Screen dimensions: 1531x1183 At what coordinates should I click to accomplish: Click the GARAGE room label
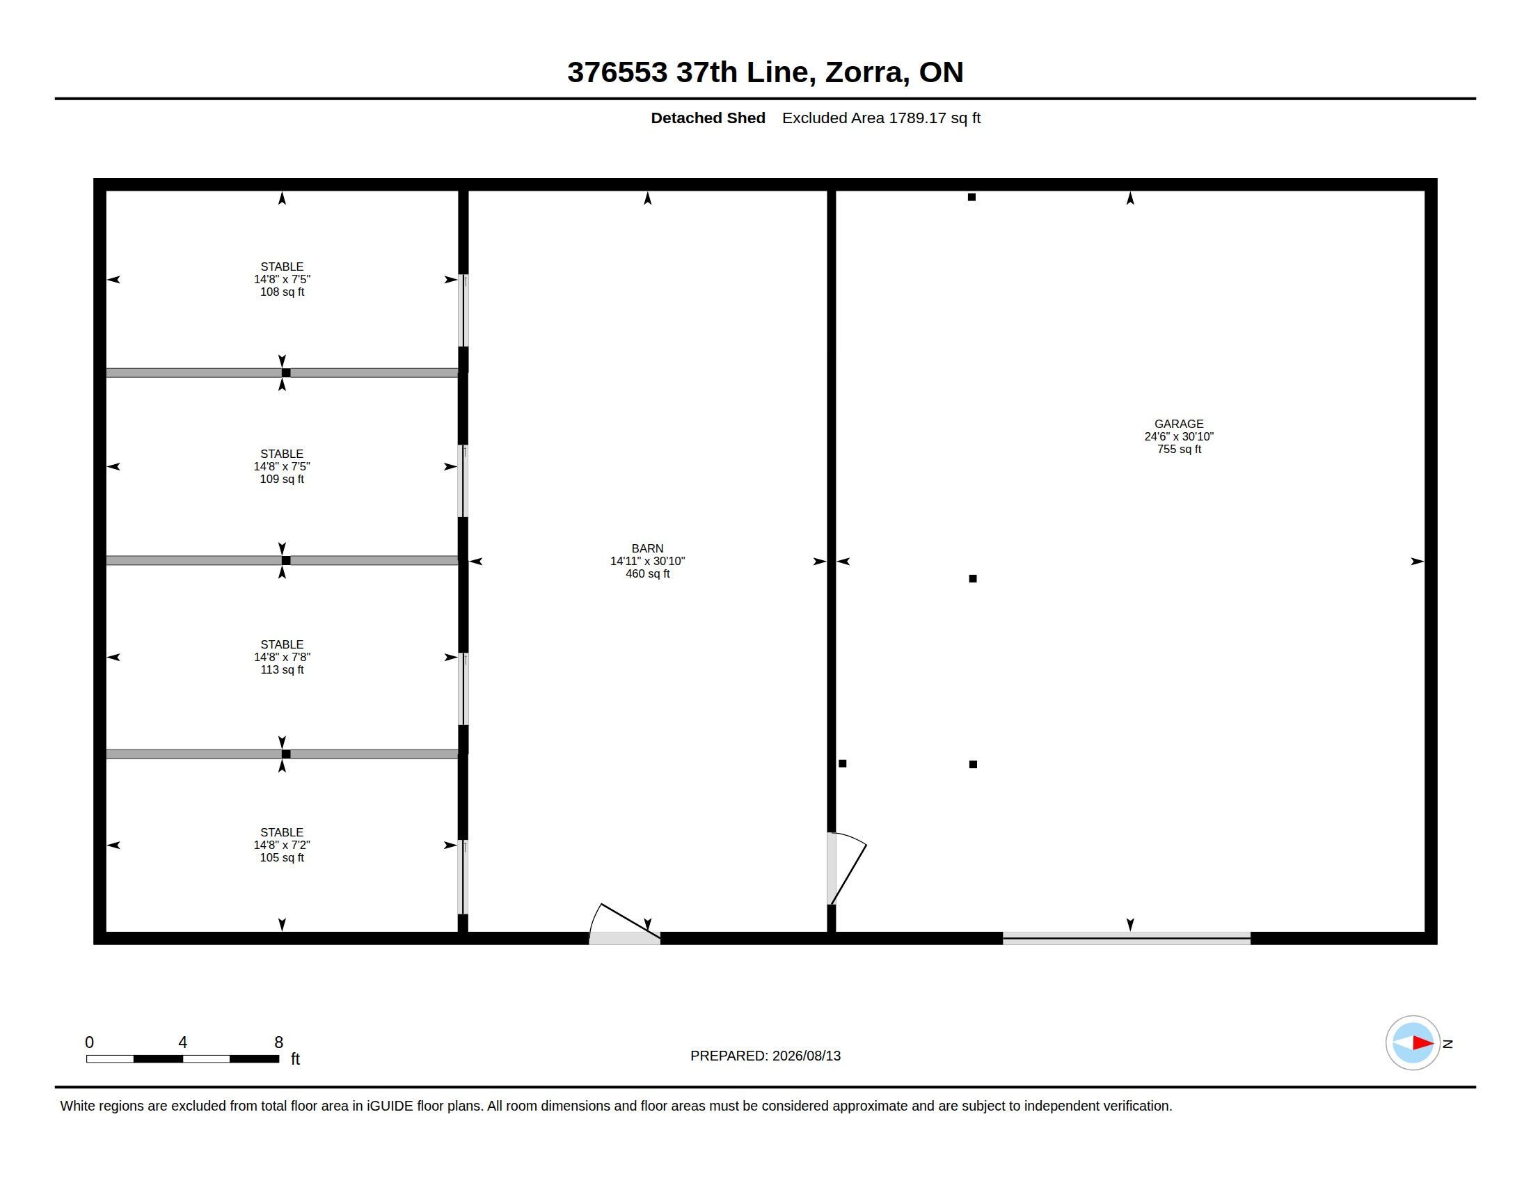coord(1178,424)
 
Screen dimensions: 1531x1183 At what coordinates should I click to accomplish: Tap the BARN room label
coord(647,549)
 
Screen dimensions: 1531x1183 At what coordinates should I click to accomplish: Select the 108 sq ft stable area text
coord(282,292)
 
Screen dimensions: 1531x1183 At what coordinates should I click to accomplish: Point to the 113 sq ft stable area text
coord(282,669)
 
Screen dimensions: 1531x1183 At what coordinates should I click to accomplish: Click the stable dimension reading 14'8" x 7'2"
coord(282,845)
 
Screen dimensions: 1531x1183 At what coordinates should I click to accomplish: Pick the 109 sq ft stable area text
coord(282,479)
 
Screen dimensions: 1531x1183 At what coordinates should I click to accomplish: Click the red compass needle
coord(1422,1043)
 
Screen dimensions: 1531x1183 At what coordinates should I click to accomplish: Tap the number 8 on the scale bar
coord(278,1042)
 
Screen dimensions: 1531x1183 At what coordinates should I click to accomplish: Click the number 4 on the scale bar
coord(183,1042)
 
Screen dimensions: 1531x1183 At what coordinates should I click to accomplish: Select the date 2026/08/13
coord(806,1056)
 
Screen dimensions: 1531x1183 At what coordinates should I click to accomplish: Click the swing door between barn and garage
coord(847,868)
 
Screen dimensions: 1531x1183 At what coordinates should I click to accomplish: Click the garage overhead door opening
coord(1127,939)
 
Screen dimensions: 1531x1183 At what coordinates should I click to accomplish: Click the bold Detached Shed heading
coord(708,118)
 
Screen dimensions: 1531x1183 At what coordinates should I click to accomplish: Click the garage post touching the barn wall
coord(843,763)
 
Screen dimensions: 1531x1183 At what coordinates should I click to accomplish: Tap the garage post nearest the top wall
coord(971,197)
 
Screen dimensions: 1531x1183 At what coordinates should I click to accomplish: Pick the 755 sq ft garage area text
coord(1179,450)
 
